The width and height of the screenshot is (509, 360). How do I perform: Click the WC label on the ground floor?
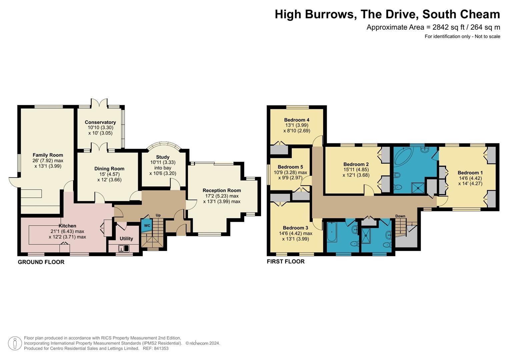click(147, 226)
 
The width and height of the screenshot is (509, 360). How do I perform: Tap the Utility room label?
click(126, 239)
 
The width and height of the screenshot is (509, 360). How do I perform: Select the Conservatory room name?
click(100, 122)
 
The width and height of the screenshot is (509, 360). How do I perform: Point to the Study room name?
click(163, 157)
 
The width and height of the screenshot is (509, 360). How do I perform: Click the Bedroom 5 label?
click(290, 167)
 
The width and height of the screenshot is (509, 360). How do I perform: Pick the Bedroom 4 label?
click(297, 120)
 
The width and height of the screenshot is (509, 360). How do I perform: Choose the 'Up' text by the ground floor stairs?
click(158, 215)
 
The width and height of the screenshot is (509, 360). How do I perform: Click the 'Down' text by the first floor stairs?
click(400, 216)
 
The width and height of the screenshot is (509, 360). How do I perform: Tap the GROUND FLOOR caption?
click(41, 262)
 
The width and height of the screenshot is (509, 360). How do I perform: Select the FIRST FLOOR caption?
click(286, 262)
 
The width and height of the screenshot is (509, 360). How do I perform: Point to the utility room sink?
click(124, 248)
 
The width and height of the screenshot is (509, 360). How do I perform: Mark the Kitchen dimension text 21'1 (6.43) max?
click(67, 231)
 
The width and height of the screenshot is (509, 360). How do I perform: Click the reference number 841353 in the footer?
click(160, 348)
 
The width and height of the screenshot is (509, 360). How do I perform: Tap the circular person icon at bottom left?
click(15, 343)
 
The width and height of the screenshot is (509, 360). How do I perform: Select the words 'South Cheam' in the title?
click(461, 14)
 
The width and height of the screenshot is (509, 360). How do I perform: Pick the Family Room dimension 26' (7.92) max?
click(48, 161)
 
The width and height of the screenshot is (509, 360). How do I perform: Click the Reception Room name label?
click(222, 190)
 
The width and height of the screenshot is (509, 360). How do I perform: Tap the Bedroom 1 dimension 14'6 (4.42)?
click(470, 178)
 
